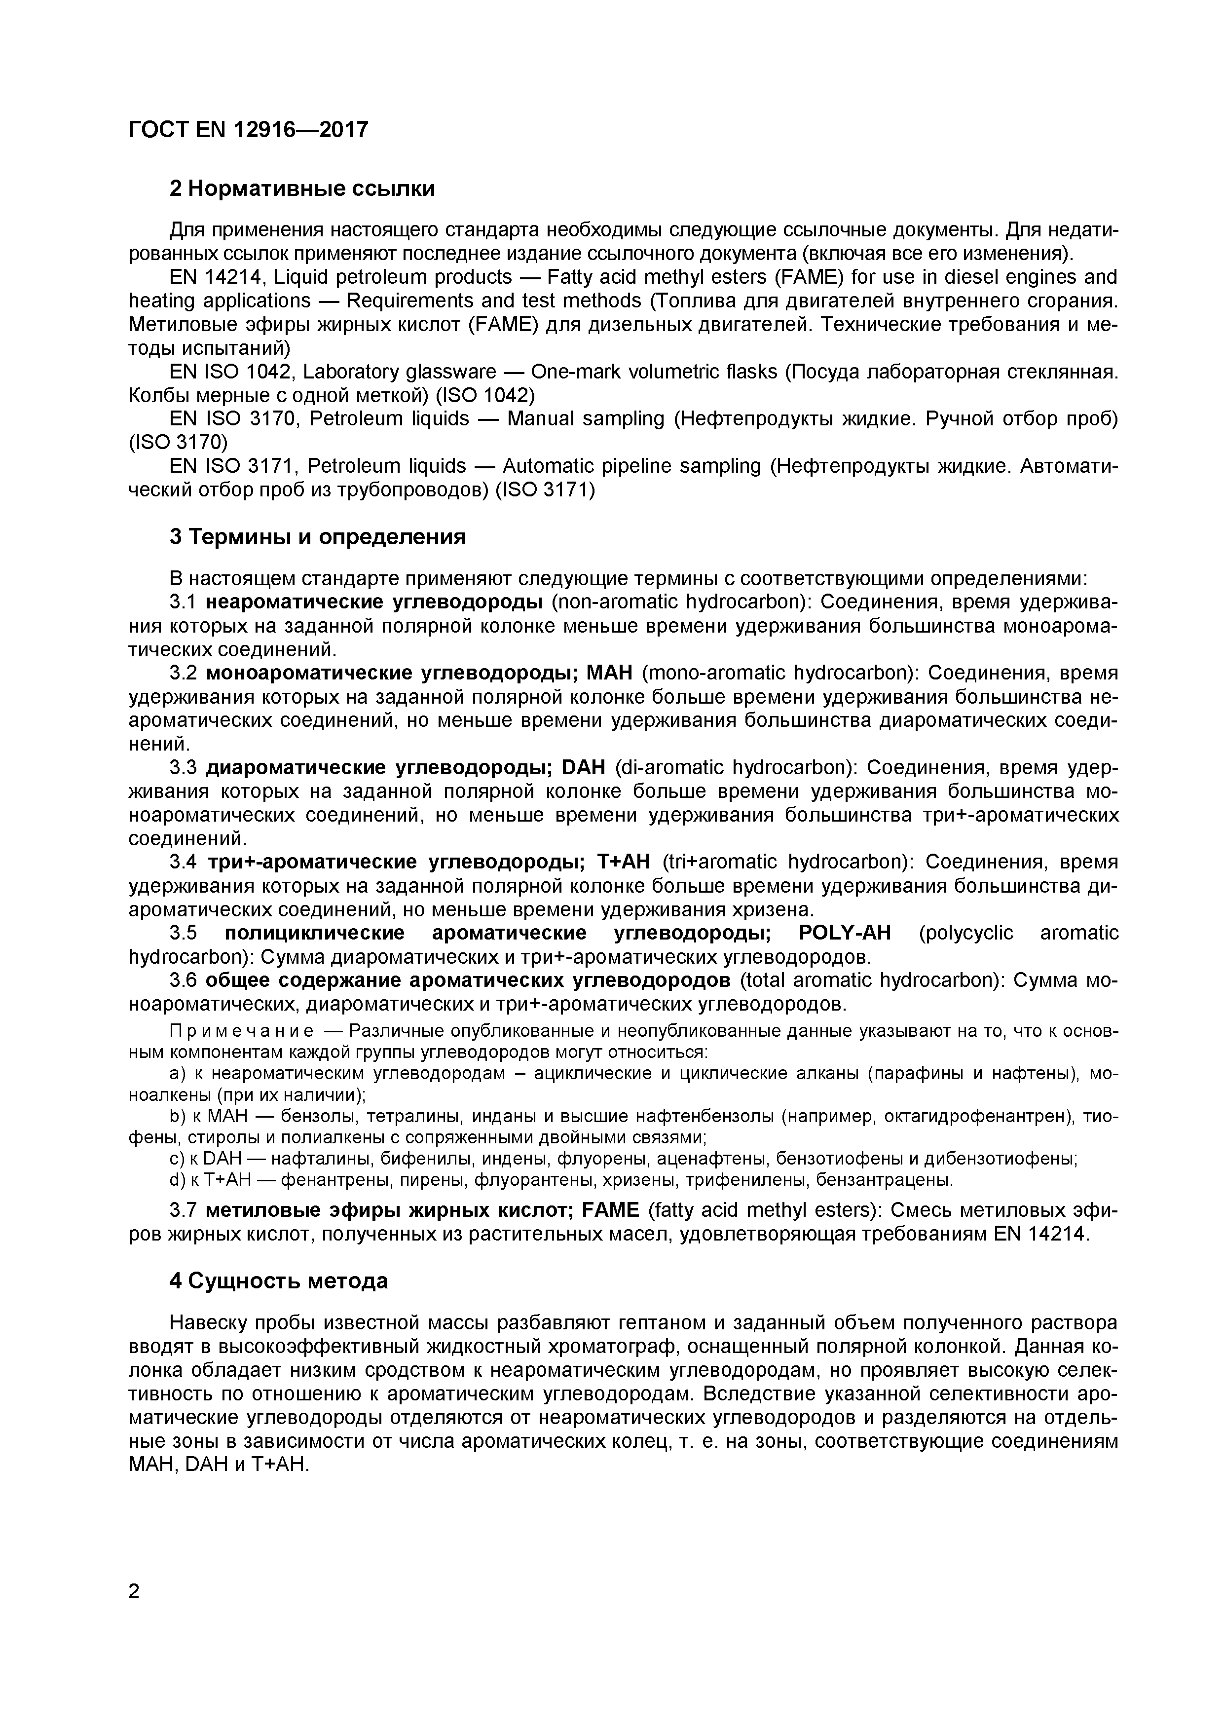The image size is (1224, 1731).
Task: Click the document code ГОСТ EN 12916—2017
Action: (x=249, y=130)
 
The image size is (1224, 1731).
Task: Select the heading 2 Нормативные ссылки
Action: (x=302, y=188)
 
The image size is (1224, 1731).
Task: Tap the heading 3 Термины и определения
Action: (x=317, y=537)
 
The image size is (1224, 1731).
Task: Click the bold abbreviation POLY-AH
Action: (x=844, y=934)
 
